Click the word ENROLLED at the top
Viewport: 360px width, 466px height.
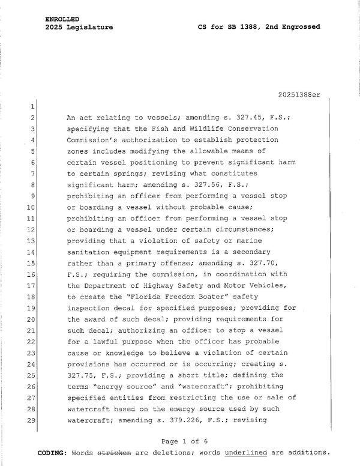pos(62,19)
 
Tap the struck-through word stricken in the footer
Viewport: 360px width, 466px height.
pos(114,452)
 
